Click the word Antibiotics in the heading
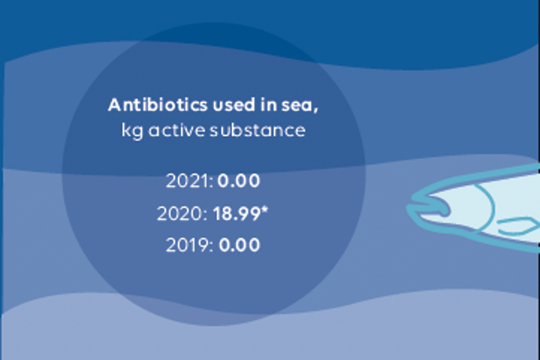(x=157, y=106)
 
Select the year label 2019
(x=187, y=245)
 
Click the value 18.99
(x=236, y=214)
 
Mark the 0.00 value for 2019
(x=239, y=245)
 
